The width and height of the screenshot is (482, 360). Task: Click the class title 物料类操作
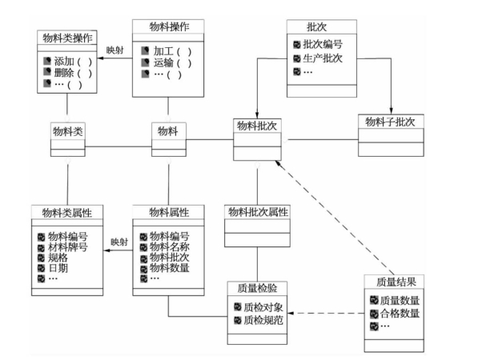click(x=67, y=38)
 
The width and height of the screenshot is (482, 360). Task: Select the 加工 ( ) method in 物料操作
click(x=172, y=51)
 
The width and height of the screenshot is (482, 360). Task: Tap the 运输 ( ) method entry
click(x=172, y=62)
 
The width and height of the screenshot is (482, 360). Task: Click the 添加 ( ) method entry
click(x=73, y=62)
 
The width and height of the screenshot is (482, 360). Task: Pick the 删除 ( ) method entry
click(x=73, y=73)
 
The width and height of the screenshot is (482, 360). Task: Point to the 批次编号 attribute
click(x=323, y=44)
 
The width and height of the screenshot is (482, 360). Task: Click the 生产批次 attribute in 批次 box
click(x=323, y=58)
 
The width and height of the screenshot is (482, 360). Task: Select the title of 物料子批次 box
click(x=390, y=122)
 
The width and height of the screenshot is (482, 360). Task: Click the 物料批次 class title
click(x=257, y=126)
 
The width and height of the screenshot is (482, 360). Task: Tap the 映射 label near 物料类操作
click(x=115, y=50)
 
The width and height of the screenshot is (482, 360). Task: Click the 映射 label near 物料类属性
click(x=119, y=242)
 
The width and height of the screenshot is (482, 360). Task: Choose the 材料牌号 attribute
click(x=67, y=247)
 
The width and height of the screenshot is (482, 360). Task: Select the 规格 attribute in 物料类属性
click(x=58, y=258)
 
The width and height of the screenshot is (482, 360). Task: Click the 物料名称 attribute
click(x=170, y=246)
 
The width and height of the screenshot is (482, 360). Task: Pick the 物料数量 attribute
click(x=170, y=268)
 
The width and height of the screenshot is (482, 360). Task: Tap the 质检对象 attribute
click(x=263, y=307)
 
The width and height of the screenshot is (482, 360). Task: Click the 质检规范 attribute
click(x=263, y=320)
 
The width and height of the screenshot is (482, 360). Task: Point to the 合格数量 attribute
click(x=400, y=314)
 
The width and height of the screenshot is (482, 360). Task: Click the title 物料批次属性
click(x=258, y=212)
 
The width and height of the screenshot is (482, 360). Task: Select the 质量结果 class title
click(x=396, y=282)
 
